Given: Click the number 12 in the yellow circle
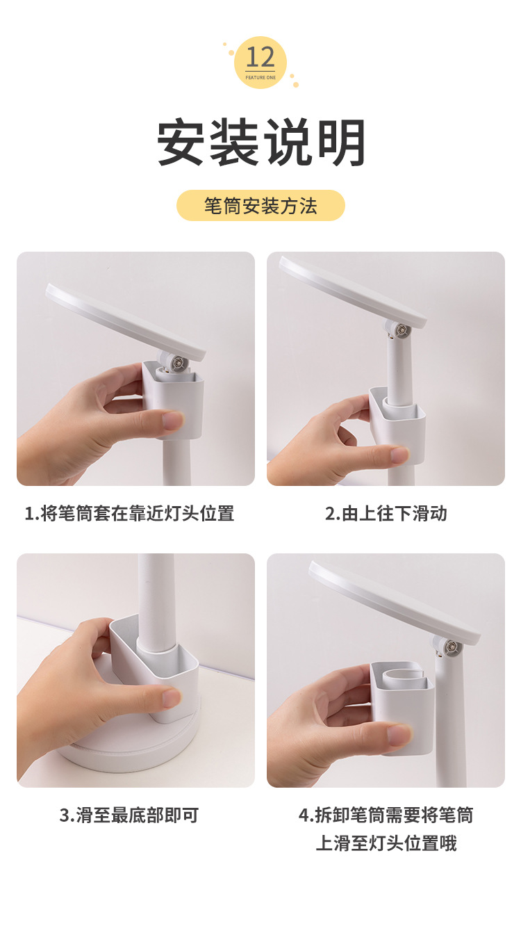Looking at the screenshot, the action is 260,58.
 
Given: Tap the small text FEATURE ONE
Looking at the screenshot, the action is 260,77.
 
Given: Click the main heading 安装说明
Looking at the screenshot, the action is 261,142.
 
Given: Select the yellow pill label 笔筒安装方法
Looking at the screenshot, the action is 260,206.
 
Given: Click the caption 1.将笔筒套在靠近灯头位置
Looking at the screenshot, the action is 129,514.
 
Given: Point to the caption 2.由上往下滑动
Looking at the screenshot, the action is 386,514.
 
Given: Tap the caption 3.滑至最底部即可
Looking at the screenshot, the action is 129,815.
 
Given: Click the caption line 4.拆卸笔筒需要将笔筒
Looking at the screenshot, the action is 386,815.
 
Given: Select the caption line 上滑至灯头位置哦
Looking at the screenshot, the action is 386,843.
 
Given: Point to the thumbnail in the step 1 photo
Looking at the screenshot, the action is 173,421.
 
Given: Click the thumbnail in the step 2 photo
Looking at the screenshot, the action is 399,455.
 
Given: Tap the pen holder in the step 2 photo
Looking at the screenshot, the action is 397,425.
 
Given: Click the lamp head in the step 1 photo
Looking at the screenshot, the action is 126,321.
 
